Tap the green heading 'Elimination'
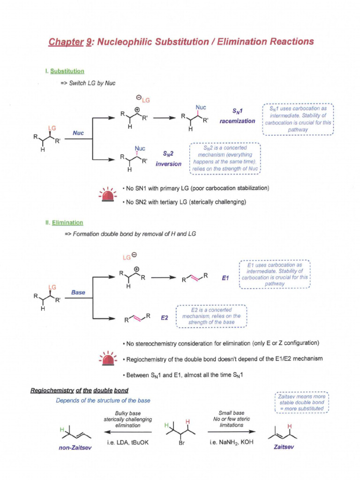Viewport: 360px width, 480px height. coord(67,223)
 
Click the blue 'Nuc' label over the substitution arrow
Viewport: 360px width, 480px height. coord(78,133)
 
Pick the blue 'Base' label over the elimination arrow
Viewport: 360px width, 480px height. coord(78,292)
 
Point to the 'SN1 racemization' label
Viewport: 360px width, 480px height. coord(237,116)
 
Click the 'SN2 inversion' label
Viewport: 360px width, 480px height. coord(169,158)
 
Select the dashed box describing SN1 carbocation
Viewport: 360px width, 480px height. coord(298,119)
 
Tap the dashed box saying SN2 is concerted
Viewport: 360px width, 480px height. coord(225,158)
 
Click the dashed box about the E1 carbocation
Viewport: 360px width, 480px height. coord(274,274)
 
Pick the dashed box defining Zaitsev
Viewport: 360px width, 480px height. coord(301,402)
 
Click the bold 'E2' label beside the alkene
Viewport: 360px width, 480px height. coord(165,318)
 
